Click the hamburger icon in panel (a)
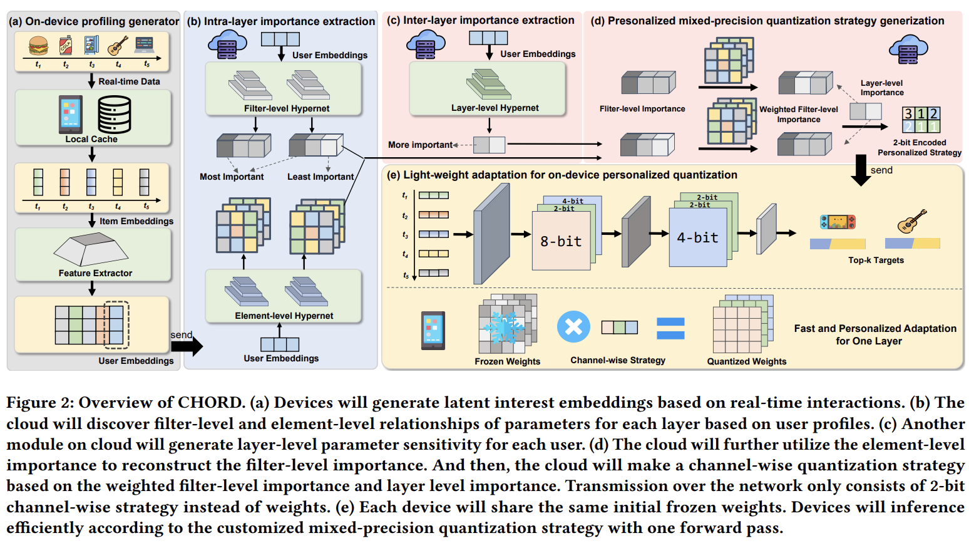39,46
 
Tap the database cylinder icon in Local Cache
114,114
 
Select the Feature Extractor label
95,273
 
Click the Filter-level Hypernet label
287,108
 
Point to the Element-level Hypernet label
284,316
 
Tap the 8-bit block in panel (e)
561,241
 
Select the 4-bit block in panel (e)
697,237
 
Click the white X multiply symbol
573,326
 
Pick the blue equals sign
670,328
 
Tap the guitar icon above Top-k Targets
912,221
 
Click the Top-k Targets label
876,260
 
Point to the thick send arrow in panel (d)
861,170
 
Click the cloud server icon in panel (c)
426,44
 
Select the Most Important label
232,177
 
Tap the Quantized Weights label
747,361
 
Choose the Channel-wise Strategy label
618,360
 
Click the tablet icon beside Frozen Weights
433,330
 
